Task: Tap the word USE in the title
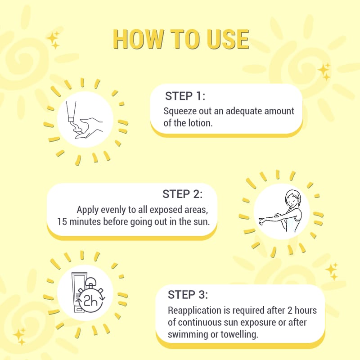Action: (x=228, y=39)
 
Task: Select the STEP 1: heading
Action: (x=185, y=96)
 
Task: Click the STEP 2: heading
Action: (x=183, y=194)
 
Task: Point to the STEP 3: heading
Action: (x=188, y=295)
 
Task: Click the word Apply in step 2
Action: (x=87, y=210)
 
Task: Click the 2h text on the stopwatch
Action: (x=91, y=301)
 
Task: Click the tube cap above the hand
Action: (x=71, y=119)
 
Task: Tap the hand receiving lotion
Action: (x=89, y=128)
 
